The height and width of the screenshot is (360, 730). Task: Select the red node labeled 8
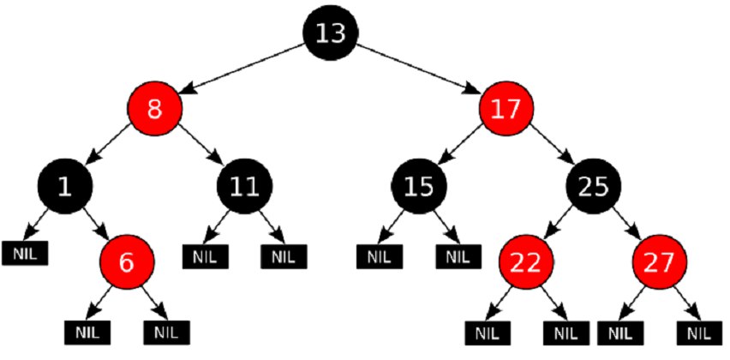pos(154,109)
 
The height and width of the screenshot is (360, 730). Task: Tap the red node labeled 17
pos(506,109)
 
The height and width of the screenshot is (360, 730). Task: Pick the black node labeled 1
pos(65,186)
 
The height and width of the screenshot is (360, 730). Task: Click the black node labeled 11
pos(245,186)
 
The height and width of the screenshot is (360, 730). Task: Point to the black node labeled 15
pos(419,186)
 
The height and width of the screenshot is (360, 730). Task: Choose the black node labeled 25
pos(594,186)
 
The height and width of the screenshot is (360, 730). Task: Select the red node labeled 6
pos(126,262)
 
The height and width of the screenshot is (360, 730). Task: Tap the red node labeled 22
pos(528,262)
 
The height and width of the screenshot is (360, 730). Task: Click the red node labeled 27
pos(659,262)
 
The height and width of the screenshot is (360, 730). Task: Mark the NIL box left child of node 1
pos(25,254)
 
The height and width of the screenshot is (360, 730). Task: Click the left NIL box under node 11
pos(206,256)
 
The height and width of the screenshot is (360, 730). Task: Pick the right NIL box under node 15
pos(458,256)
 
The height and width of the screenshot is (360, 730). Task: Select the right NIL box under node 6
pos(167,333)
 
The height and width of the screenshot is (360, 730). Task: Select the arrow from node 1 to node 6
pos(95,224)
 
